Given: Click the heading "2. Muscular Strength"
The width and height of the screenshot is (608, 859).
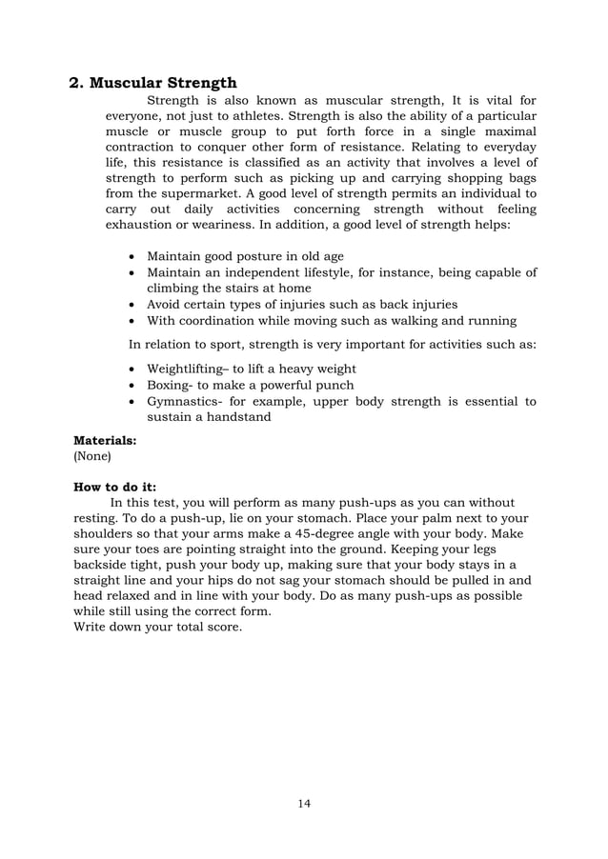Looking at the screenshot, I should click(155, 83).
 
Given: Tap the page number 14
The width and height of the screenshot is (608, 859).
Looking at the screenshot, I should click(304, 803).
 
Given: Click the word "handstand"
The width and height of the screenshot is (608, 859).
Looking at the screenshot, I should click(240, 417).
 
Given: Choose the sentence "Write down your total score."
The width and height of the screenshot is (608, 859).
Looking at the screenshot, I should click(157, 628).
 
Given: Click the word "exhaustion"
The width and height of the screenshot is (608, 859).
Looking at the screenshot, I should click(140, 226).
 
